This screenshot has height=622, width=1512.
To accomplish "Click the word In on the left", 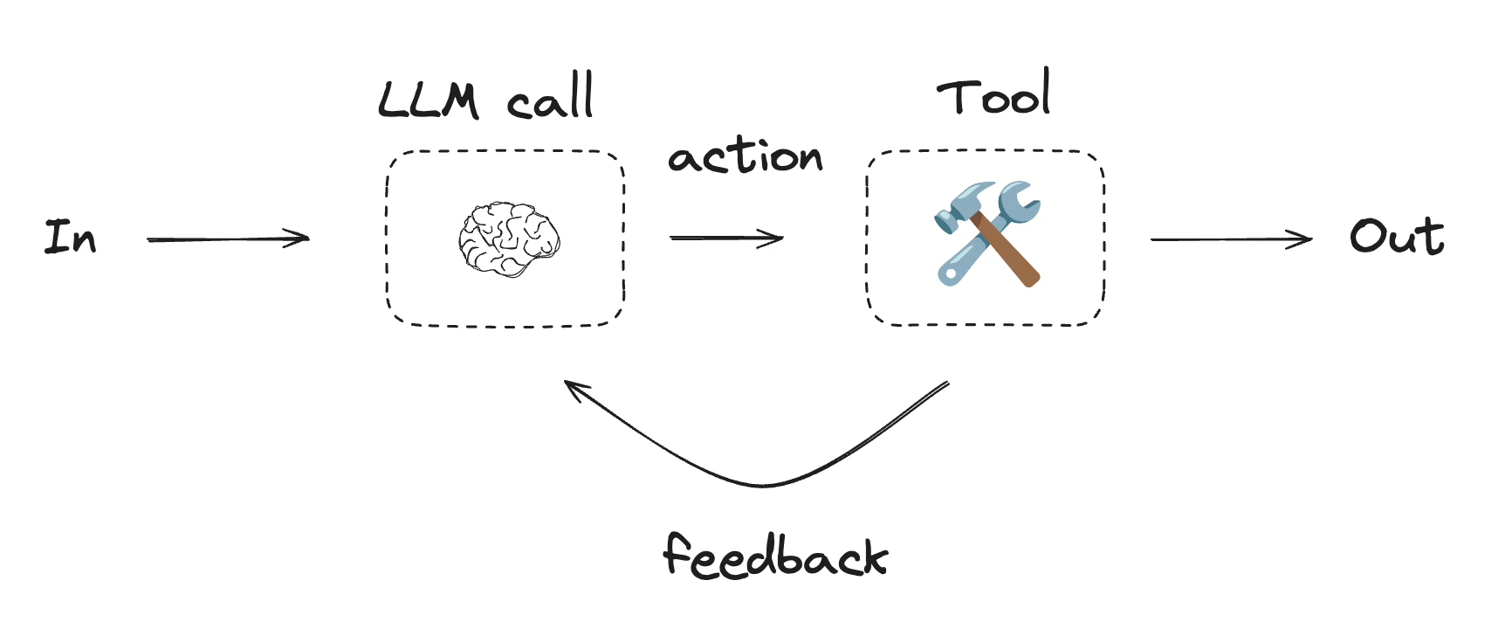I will click(x=70, y=237).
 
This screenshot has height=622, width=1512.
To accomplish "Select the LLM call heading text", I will click(x=486, y=98).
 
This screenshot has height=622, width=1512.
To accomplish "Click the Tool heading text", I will click(x=993, y=94).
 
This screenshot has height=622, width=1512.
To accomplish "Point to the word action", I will click(x=745, y=157).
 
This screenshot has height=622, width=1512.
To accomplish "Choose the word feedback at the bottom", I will click(x=775, y=556).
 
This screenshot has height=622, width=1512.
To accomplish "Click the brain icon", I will click(x=509, y=238).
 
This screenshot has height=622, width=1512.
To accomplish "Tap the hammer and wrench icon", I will click(x=987, y=233).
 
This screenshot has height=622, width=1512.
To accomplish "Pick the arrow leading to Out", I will click(x=1231, y=238).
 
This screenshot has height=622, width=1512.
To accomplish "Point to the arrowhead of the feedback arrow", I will click(x=572, y=386).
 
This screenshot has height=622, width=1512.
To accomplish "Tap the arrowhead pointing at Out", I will click(x=1304, y=238).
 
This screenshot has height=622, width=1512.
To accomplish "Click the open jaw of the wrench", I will click(x=1021, y=197).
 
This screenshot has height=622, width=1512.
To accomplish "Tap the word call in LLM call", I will click(x=551, y=100).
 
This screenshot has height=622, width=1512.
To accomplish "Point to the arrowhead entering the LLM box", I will click(x=301, y=238).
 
